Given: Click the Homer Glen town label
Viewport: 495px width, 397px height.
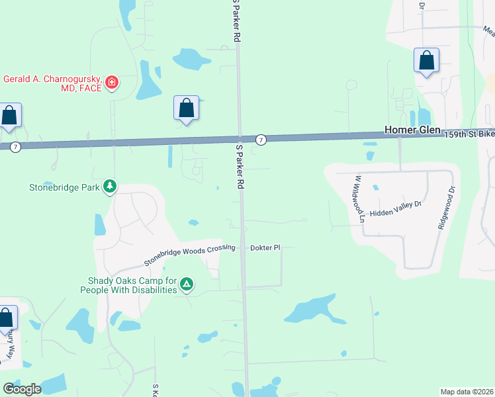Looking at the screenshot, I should pos(414,130).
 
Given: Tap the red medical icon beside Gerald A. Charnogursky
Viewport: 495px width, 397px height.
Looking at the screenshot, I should pos(112,83).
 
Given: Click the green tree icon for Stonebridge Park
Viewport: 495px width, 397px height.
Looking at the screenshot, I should pos(110,187).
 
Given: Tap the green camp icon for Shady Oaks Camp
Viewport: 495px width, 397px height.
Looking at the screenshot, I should pos(187,285).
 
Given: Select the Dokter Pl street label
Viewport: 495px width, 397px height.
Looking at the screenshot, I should pos(265,248).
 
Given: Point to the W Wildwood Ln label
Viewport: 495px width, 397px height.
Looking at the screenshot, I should pos(359,198).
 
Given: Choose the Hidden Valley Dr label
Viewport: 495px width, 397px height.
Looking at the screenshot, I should pos(396,204).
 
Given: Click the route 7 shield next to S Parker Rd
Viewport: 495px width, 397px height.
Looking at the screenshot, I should pos(262,140).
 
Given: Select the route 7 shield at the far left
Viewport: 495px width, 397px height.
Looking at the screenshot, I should pos(15,146).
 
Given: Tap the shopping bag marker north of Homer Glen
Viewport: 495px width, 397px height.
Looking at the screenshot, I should pos(427,61).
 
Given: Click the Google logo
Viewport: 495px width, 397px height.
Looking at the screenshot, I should pos(22,388).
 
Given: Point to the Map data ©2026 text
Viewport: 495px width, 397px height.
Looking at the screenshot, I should pos(467,391).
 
